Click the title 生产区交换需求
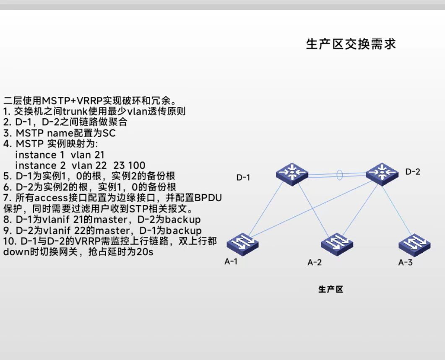click(351, 44)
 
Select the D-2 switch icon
click(382, 172)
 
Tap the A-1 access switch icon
click(242, 243)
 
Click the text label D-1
click(243, 178)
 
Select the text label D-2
click(412, 172)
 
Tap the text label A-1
click(231, 262)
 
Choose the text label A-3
click(405, 263)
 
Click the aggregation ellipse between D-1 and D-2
click(340, 174)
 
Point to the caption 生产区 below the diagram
click(330, 289)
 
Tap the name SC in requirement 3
click(109, 133)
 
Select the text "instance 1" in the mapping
click(36, 155)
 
